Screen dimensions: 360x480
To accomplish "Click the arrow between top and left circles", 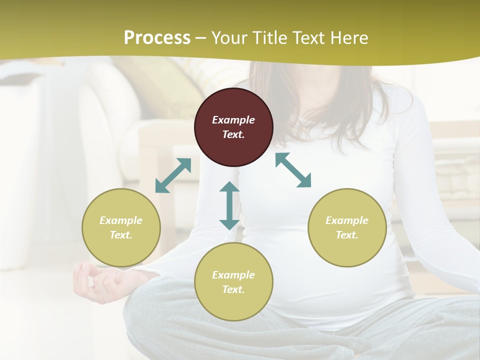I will (173, 175).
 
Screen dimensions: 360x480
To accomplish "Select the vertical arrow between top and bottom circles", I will (229, 205).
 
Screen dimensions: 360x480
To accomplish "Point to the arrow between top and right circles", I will (293, 170).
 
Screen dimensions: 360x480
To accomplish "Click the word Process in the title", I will (157, 37).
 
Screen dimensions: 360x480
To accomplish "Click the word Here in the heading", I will (349, 37).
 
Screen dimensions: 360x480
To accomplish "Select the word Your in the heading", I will (229, 37).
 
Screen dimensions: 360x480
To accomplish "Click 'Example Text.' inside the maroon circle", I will (233, 127).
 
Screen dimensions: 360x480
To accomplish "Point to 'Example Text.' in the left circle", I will (121, 227).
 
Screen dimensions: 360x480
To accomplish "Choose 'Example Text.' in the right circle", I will (347, 227).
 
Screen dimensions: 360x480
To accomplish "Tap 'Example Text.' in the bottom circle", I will (233, 282).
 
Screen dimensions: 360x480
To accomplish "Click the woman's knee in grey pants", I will (155, 320).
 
